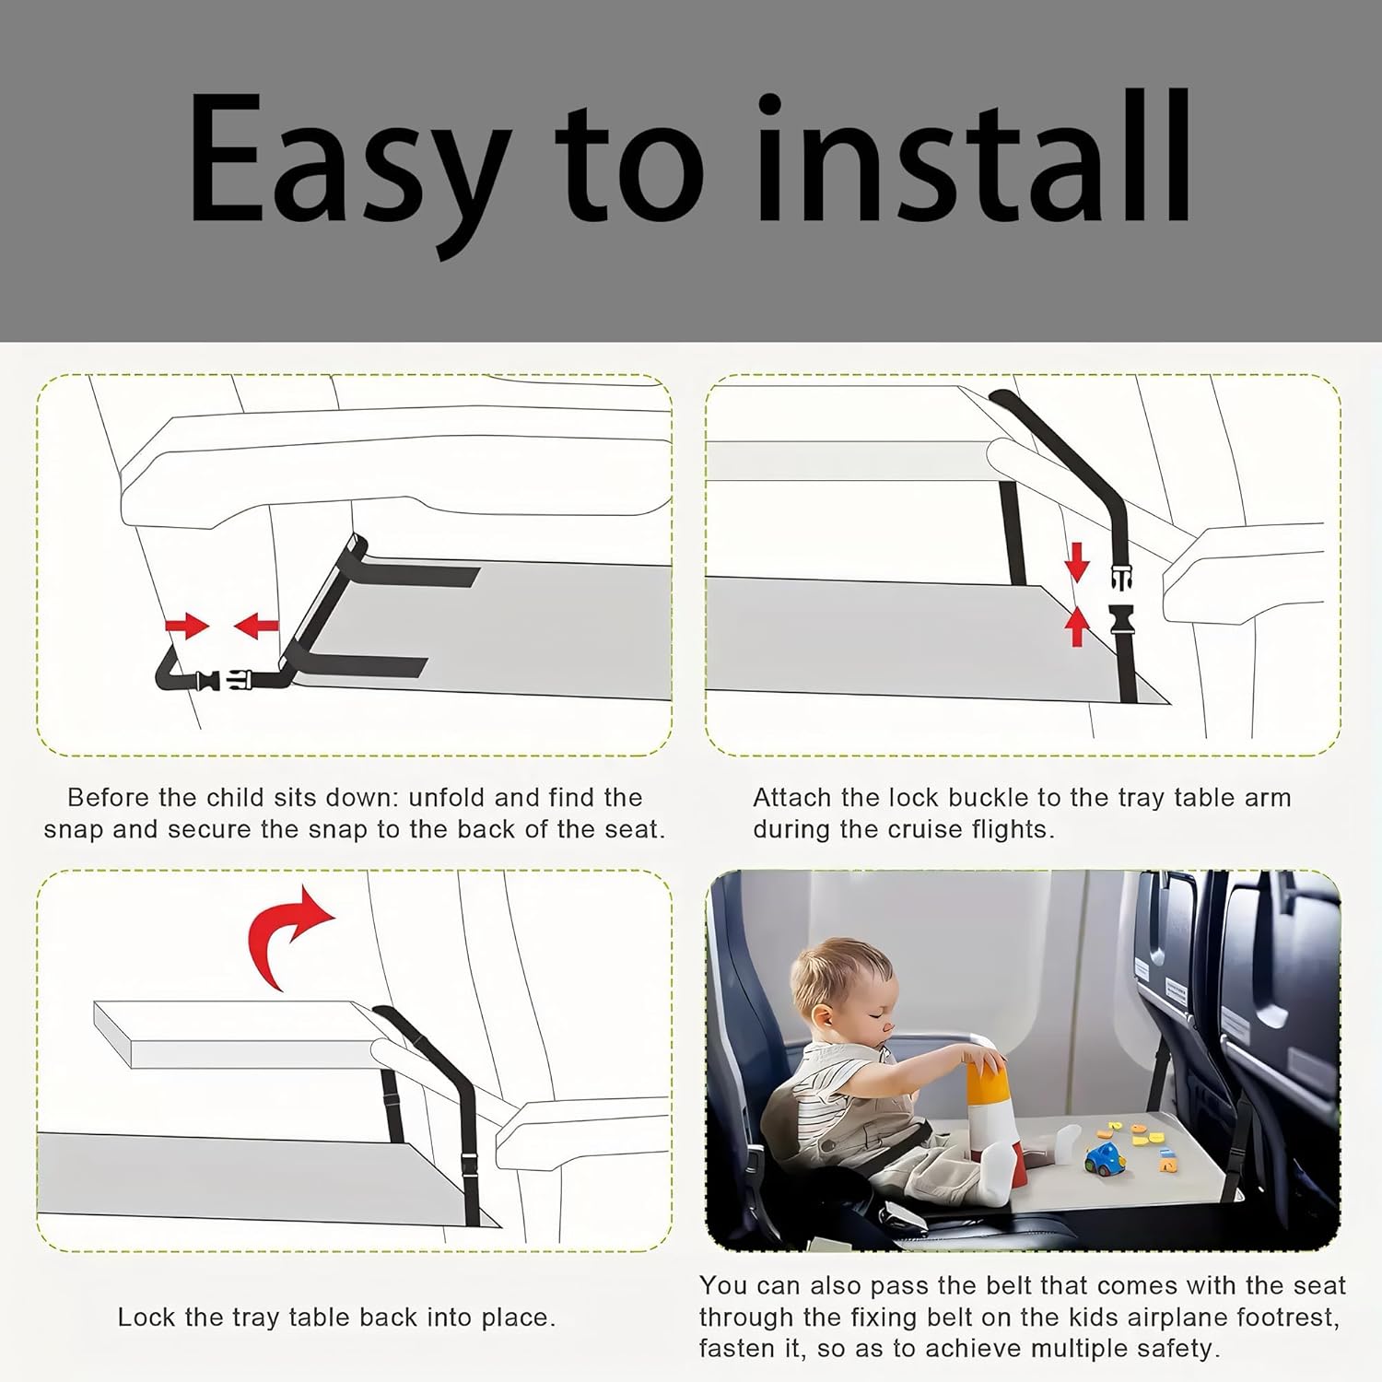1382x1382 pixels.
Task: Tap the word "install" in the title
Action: tap(978, 157)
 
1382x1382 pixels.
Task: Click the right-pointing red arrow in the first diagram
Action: tap(188, 627)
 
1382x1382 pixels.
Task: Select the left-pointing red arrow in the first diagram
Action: tap(256, 627)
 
